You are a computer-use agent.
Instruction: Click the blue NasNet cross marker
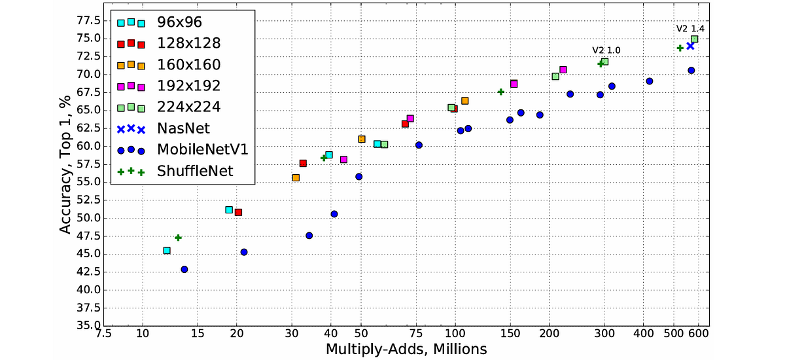[690, 46]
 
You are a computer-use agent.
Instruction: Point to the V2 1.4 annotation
[690, 29]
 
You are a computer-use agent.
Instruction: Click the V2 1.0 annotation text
[606, 50]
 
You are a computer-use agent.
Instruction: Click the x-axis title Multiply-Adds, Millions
[406, 350]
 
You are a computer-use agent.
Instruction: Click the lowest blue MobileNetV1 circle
[184, 269]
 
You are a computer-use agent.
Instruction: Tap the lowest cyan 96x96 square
[167, 251]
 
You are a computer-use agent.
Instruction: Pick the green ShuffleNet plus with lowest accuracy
[178, 238]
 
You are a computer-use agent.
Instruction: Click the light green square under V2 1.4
[695, 39]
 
